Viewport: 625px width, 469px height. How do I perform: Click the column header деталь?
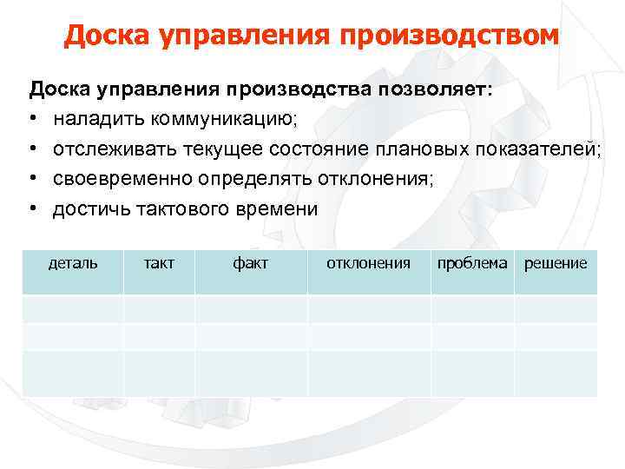73,263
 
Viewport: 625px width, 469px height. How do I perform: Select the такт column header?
159,263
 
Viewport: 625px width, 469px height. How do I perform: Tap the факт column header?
251,263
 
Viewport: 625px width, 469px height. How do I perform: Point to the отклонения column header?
368,263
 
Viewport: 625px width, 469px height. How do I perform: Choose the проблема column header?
472,263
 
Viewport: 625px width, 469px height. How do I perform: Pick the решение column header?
556,263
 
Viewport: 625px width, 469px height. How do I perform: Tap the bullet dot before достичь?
34,210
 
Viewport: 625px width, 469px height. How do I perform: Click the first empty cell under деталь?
73,308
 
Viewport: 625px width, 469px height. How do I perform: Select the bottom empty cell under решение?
556,373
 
